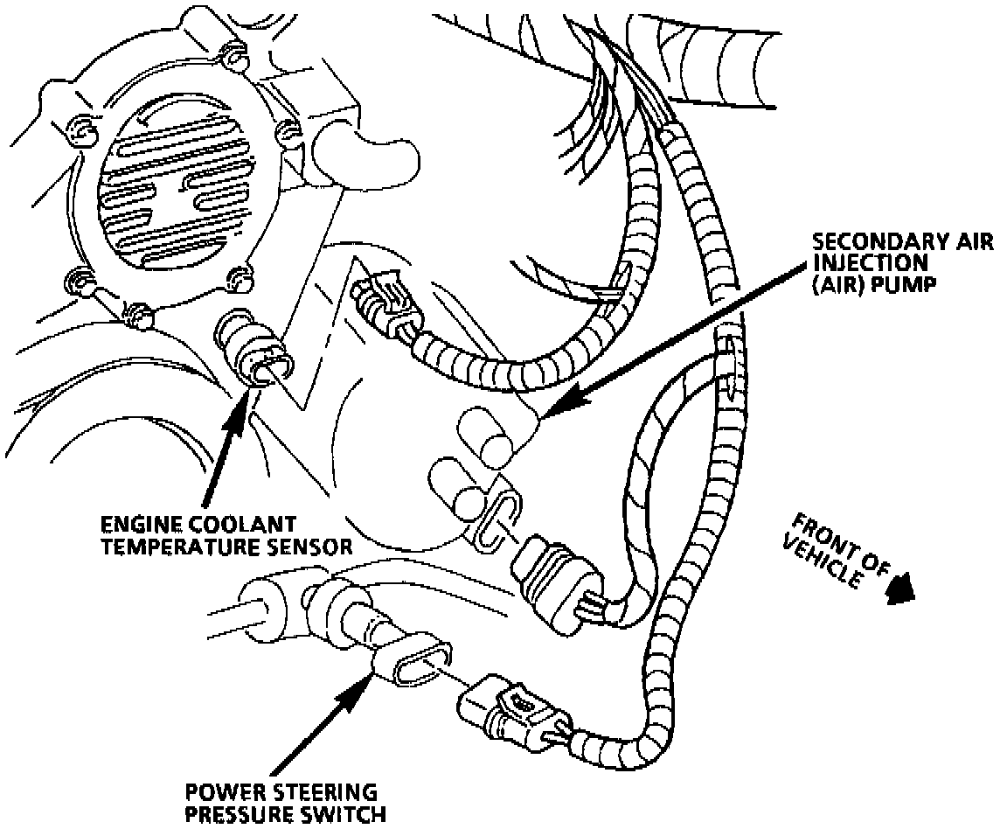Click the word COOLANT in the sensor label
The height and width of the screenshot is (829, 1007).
[235, 525]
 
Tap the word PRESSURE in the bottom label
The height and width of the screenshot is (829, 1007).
[235, 815]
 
